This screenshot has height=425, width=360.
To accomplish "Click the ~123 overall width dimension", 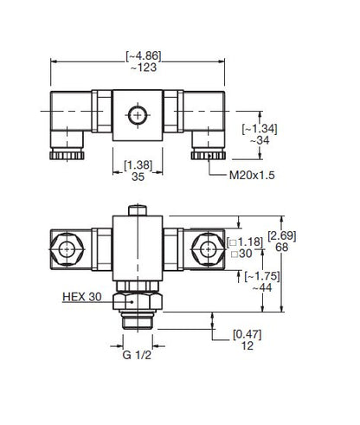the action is tap(144, 68).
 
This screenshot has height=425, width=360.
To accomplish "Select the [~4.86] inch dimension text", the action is tap(144, 56).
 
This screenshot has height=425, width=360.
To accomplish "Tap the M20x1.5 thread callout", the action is tap(252, 175).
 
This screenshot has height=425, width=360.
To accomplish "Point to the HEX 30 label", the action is tap(82, 297).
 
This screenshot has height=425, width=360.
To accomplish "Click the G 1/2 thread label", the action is tap(137, 355).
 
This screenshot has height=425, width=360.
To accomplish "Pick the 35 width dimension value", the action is tap(138, 177).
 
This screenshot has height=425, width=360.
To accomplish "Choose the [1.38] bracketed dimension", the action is tap(138, 165).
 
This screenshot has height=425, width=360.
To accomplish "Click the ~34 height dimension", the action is tap(260, 140).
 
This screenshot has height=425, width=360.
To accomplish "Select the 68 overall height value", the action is tap(282, 248).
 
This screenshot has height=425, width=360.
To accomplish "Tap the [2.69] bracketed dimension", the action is tap(282, 235).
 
